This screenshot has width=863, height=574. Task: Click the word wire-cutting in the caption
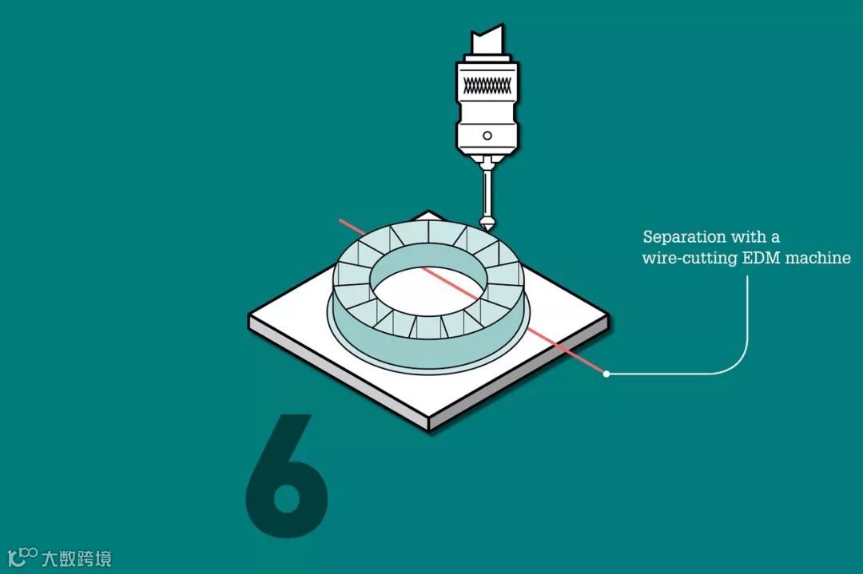[690, 259]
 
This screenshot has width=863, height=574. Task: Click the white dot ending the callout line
[606, 374]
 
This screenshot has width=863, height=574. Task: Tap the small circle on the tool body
[487, 135]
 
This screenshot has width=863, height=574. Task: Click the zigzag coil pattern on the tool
[487, 85]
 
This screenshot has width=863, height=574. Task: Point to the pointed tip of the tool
[487, 230]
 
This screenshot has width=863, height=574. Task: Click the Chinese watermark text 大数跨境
[77, 559]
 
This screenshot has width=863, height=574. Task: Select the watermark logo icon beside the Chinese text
[22, 556]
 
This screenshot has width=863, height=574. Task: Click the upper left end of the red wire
[340, 220]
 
